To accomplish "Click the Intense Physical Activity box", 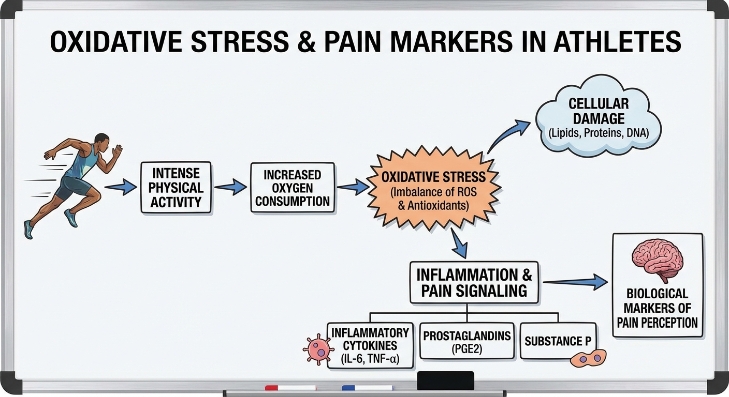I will (x=176, y=188).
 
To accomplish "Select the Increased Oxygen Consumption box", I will (x=292, y=188).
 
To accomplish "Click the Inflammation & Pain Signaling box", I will (x=474, y=282).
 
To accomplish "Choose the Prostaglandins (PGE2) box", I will (x=466, y=341).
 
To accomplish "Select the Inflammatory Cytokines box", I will (x=370, y=345).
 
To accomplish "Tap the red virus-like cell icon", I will (x=318, y=350).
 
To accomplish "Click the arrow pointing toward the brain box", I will (x=575, y=282).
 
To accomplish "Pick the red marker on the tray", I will (x=290, y=387).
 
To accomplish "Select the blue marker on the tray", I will (x=367, y=387).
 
